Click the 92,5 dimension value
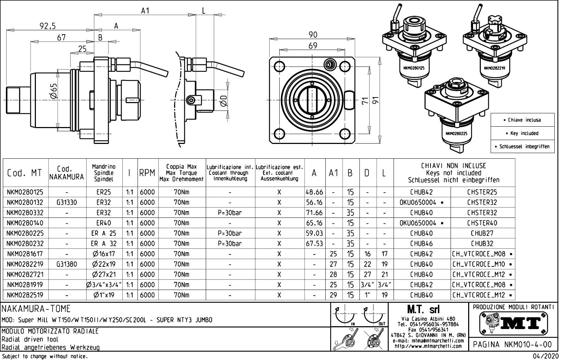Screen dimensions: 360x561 pos(47,26)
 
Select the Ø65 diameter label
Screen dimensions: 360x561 pos(53,91)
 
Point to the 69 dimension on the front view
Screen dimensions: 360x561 pos(313,46)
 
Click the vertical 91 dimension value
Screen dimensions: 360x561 pos(376,101)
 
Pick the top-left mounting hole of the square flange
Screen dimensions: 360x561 pos(280,66)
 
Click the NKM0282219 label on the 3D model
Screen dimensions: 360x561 pos(494,68)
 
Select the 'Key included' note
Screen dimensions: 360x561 pos(523,133)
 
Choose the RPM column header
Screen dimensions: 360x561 pos(147,173)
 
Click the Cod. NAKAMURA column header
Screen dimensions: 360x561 pos(67,173)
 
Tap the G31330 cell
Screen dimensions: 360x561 pos(67,202)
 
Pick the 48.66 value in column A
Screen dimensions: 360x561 pos(314,192)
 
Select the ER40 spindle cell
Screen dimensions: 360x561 pos(104,223)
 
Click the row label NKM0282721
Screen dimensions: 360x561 pos(25,274)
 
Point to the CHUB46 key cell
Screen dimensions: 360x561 pos(421,244)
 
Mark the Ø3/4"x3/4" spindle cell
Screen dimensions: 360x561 pos(104,285)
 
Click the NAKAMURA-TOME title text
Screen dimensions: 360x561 pos(37,309)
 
